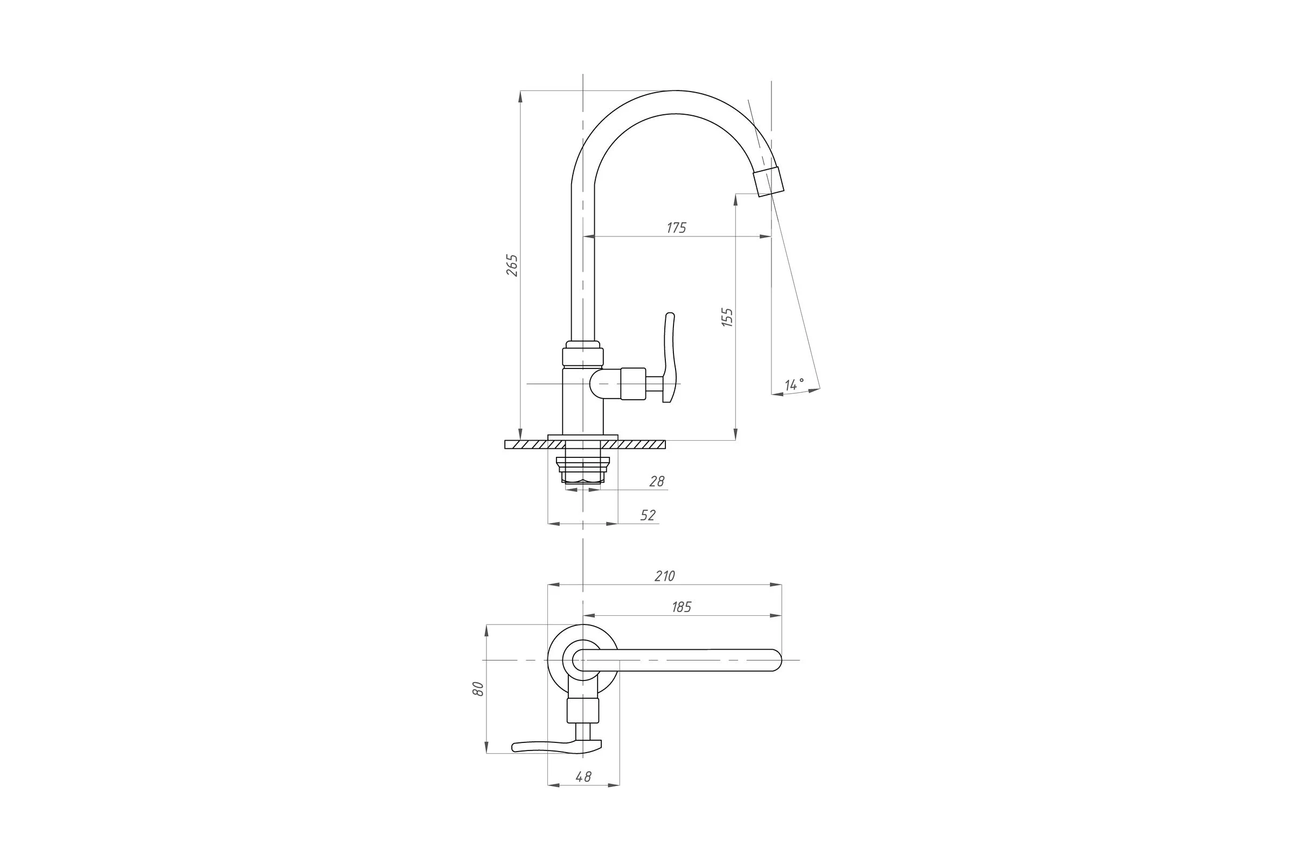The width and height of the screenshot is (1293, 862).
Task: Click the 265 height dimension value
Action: pos(512,265)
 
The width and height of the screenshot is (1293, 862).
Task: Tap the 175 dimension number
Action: pos(676,227)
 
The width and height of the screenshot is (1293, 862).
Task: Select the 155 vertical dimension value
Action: pos(727,318)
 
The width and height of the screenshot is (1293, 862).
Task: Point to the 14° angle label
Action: pos(794,384)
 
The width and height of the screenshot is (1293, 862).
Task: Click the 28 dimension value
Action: pos(657,482)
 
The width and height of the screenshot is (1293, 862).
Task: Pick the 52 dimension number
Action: pos(648,516)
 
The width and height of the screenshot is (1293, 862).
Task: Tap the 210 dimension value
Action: pos(665,576)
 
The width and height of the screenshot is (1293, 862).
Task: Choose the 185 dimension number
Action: pos(681,607)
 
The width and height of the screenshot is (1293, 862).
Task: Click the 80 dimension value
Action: pos(478,689)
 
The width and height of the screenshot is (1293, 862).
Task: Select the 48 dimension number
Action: pos(583,777)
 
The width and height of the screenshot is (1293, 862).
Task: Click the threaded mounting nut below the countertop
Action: pos(583,470)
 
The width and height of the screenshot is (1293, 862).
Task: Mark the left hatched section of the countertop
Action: pos(526,444)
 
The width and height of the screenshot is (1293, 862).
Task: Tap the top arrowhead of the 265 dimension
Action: pos(520,96)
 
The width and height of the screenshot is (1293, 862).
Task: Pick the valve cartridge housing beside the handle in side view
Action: pos(632,383)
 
